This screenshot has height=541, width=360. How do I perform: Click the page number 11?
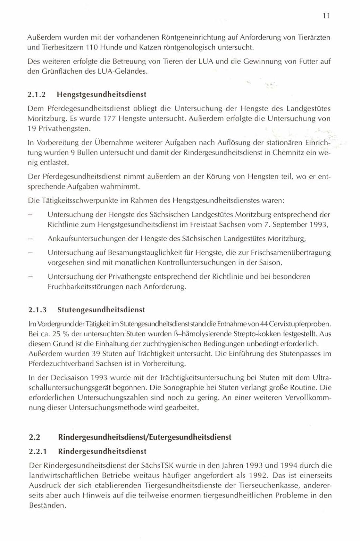[326, 16]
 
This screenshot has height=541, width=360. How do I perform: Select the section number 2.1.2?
[37, 94]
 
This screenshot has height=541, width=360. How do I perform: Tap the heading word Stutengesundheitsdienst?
[101, 309]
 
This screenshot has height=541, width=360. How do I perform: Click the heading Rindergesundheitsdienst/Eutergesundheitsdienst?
[145, 437]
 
